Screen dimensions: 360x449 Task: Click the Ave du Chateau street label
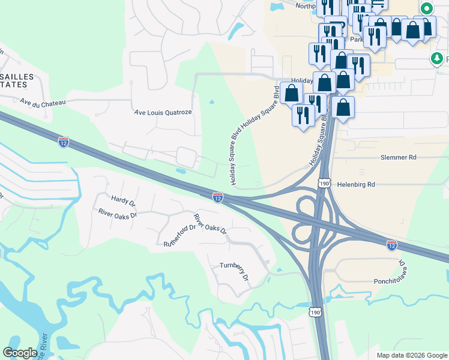[42, 103]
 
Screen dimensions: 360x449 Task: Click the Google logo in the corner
[20, 353]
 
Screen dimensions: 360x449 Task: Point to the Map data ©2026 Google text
[411, 355]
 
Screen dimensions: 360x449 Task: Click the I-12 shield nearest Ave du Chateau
[64, 142]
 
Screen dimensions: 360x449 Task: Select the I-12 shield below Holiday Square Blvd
[218, 197]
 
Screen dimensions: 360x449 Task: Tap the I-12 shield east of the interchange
[391, 244]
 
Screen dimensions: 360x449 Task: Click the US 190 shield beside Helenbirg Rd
[324, 182]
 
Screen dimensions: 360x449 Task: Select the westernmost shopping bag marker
[291, 94]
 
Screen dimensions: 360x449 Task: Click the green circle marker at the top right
[427, 8]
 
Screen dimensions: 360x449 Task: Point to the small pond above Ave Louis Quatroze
[211, 101]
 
